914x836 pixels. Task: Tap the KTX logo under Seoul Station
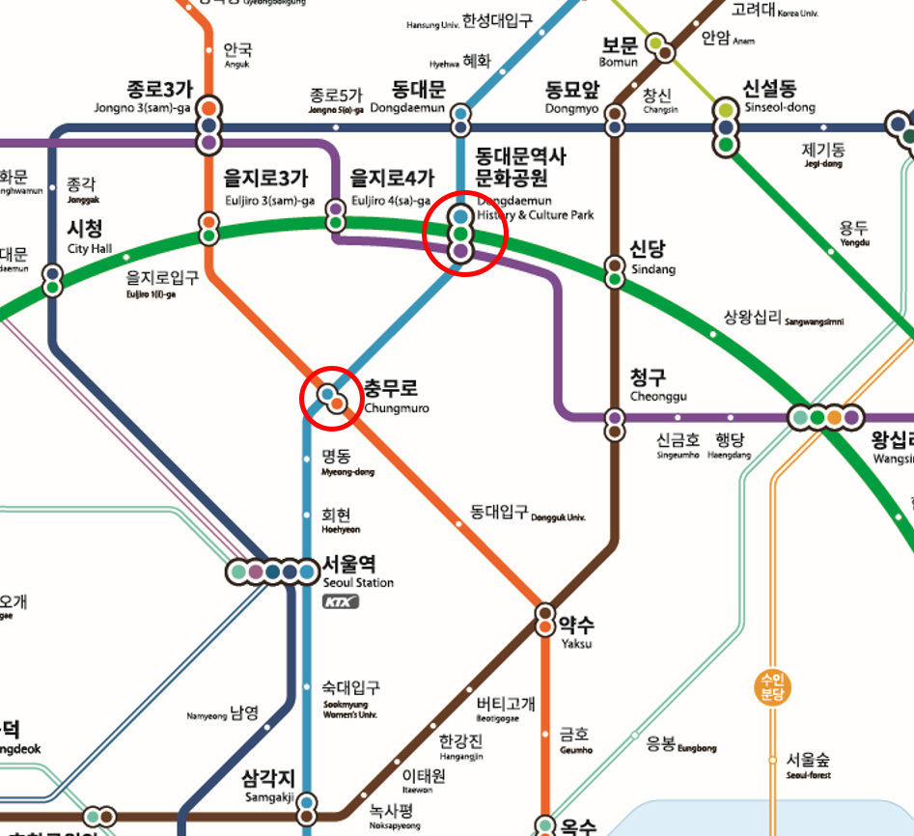340,602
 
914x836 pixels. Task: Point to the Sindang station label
652,257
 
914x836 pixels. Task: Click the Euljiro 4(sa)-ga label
391,187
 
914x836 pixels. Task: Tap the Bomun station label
620,52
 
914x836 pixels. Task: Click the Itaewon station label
422,781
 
